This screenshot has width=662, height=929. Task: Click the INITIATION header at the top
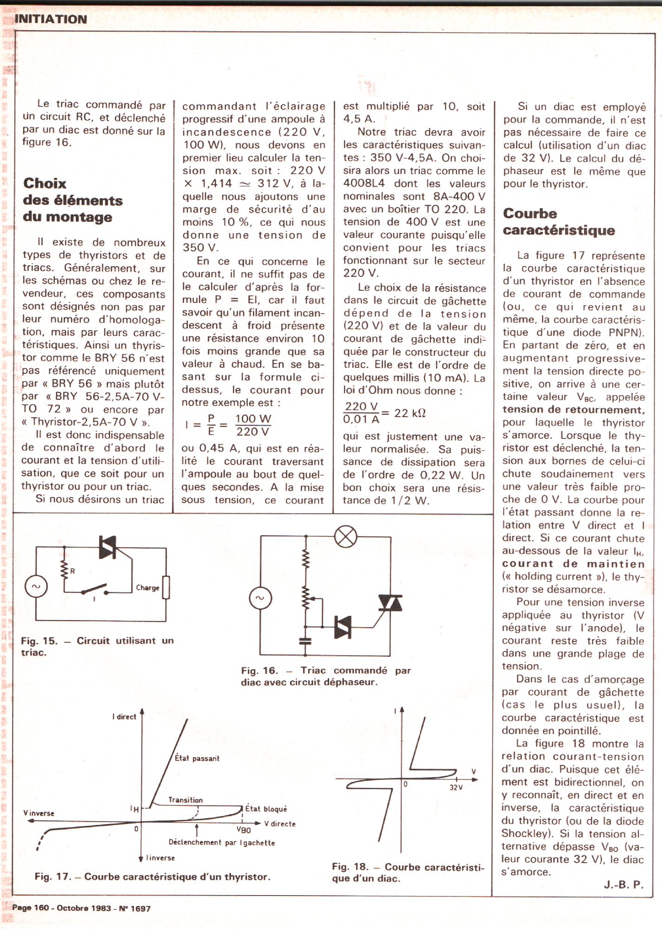tap(51, 19)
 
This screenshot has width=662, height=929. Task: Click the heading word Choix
tap(45, 183)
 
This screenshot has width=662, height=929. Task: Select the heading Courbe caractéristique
tap(558, 222)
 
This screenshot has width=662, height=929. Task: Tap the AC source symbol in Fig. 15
tap(36, 586)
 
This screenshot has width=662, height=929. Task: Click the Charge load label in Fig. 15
tap(147, 588)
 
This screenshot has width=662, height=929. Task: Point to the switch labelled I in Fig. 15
tap(95, 591)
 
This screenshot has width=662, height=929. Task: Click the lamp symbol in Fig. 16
tap(346, 537)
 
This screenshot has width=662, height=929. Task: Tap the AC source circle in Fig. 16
tap(260, 598)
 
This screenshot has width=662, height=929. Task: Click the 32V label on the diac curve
tap(456, 787)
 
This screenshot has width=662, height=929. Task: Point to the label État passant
tap(197, 758)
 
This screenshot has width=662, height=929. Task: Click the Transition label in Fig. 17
tap(185, 799)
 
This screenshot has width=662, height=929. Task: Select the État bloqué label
tap(266, 809)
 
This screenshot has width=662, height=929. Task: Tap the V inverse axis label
tap(39, 813)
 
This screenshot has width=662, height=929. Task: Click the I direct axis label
tap(124, 717)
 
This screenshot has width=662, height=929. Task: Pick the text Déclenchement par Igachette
tap(222, 842)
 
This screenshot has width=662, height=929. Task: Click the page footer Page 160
tap(31, 908)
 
